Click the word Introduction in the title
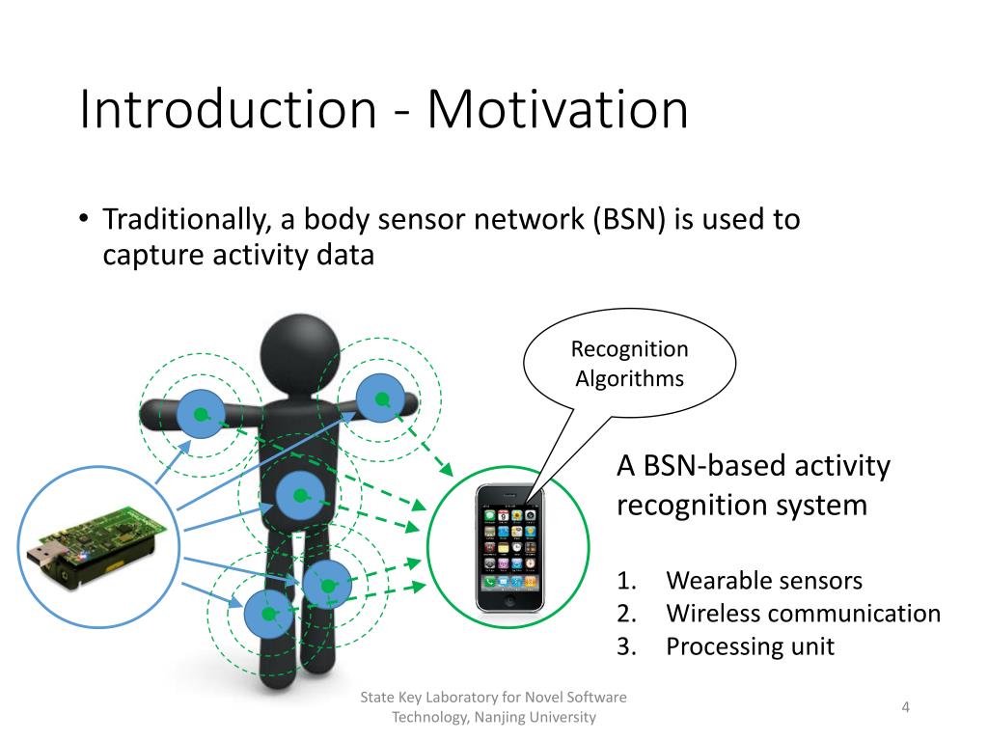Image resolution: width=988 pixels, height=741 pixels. click(x=227, y=109)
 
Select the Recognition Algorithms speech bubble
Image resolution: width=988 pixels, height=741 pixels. click(x=629, y=364)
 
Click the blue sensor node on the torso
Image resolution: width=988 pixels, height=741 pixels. click(x=300, y=497)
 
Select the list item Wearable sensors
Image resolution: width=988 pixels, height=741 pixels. click(x=764, y=581)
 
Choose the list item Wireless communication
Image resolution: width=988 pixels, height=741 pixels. click(x=803, y=614)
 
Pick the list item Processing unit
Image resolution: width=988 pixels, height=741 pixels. click(x=750, y=646)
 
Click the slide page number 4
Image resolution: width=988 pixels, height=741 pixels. click(x=906, y=708)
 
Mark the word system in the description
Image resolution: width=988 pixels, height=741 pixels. click(x=821, y=505)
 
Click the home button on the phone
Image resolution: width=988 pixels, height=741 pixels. click(x=508, y=599)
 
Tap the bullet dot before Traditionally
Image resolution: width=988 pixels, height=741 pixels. click(x=84, y=220)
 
